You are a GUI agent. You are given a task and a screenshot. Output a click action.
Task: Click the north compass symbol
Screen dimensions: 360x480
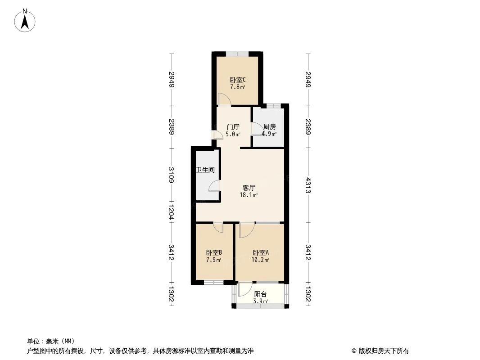25,21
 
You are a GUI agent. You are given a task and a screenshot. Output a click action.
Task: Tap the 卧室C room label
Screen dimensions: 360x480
238,80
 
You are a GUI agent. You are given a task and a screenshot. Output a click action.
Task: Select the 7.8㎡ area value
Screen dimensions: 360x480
238,87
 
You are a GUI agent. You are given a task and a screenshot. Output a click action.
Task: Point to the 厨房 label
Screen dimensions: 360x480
270,127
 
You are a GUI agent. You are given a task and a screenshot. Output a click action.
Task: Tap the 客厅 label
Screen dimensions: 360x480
249,188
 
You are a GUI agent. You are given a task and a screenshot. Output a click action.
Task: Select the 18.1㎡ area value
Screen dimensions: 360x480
249,195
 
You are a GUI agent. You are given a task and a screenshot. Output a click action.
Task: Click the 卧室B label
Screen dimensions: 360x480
214,252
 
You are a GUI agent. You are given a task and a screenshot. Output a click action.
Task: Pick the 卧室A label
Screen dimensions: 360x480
261,252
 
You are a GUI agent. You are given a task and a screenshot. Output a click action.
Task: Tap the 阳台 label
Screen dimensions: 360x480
261,294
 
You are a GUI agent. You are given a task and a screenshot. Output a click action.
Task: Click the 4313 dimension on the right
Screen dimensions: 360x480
308,185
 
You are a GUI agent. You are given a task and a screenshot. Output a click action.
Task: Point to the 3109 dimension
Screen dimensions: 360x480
171,175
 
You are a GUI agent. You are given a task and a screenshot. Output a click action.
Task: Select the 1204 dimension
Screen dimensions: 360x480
171,212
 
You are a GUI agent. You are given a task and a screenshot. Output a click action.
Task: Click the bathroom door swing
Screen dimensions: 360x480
214,186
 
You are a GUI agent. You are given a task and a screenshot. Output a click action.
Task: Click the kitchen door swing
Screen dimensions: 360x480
257,128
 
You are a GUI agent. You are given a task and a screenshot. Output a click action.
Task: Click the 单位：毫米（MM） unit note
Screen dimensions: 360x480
51,341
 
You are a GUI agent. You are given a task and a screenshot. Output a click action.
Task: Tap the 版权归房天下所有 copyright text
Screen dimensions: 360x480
380,351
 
